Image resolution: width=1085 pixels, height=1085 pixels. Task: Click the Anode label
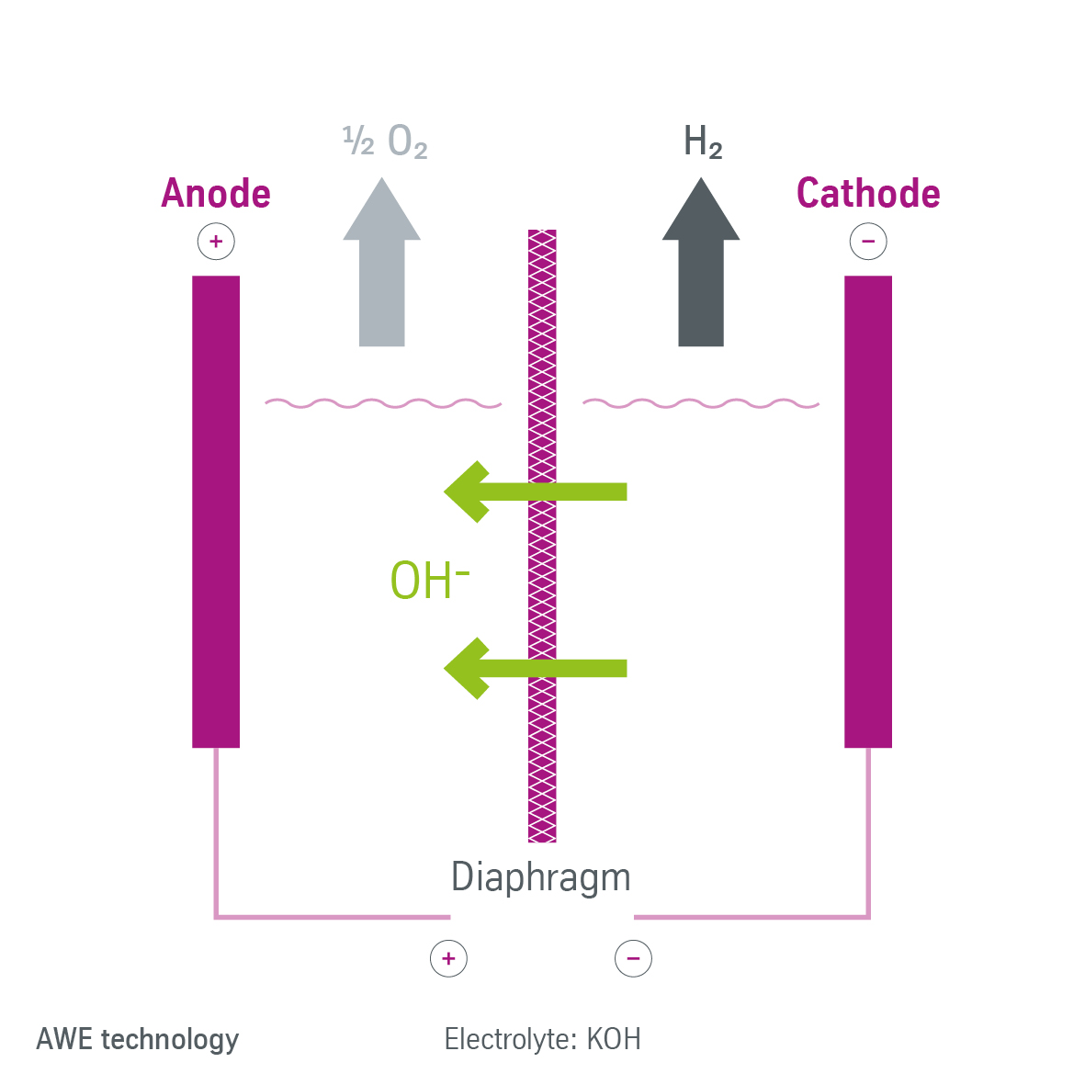tap(216, 194)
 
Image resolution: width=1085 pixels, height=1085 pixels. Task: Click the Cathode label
tap(868, 194)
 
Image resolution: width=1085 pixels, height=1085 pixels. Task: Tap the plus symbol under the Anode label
tap(216, 242)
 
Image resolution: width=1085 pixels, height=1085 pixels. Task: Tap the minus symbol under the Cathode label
tap(868, 242)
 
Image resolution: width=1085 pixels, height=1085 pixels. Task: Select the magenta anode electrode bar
tap(216, 511)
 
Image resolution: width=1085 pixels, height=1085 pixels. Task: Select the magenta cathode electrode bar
tap(868, 511)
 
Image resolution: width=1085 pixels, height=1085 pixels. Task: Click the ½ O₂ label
tap(385, 141)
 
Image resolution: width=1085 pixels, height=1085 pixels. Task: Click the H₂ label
tap(703, 142)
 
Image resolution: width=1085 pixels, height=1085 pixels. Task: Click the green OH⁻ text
tap(429, 581)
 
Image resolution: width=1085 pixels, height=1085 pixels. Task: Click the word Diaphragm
tap(541, 877)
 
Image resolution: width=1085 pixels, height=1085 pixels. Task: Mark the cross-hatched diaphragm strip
tap(542, 753)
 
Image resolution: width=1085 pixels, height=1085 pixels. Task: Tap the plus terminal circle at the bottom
tap(448, 958)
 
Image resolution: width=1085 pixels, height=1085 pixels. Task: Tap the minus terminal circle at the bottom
tap(633, 958)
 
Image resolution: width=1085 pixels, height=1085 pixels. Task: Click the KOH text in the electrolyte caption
tap(614, 1039)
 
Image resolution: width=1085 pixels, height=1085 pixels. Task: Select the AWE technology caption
tap(138, 1039)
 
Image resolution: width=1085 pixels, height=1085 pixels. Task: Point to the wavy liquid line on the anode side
tap(383, 402)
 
